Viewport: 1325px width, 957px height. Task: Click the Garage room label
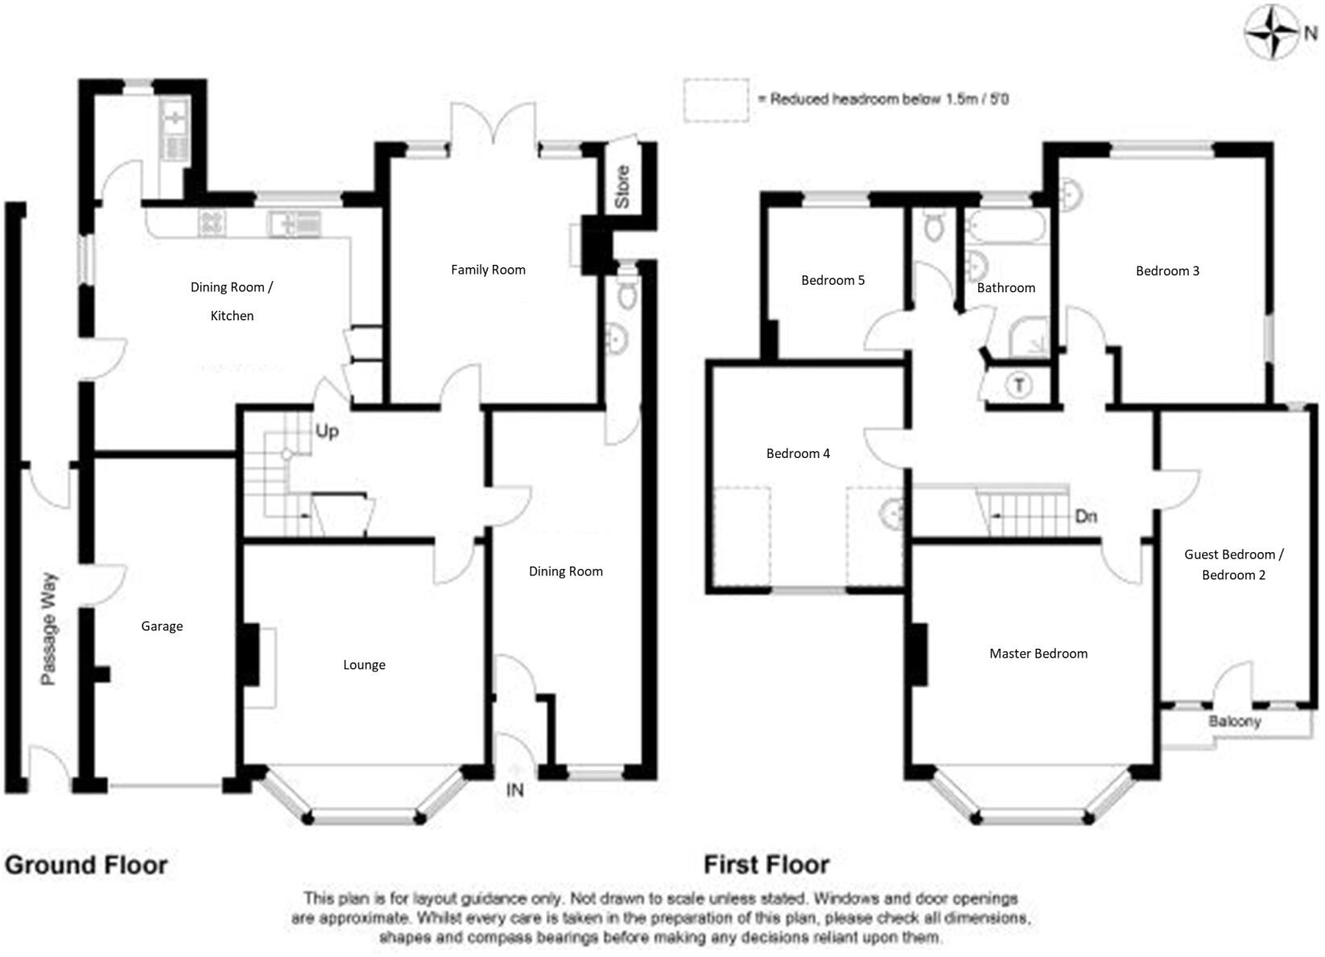click(162, 626)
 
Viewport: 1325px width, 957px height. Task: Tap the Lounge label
click(364, 665)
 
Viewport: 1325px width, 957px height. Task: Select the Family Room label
click(488, 270)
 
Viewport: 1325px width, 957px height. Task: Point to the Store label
click(622, 188)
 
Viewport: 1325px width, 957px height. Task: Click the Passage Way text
click(49, 629)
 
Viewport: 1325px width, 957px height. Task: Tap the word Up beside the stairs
click(327, 431)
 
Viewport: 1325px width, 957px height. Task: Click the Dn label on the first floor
click(1086, 516)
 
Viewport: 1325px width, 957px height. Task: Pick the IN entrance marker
click(514, 790)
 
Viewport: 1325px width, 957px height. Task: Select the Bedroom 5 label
click(832, 280)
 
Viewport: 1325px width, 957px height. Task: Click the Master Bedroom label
click(1038, 654)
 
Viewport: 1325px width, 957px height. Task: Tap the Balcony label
click(1234, 721)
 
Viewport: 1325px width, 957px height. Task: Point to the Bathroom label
click(1005, 287)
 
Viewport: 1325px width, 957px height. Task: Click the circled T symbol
click(1020, 386)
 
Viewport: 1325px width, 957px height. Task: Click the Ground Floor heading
click(86, 865)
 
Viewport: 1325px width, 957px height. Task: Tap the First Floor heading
click(766, 865)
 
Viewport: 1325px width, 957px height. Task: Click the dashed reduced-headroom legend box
click(716, 100)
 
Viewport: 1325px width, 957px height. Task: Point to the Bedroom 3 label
click(1167, 270)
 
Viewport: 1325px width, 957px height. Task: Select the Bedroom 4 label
click(798, 453)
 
